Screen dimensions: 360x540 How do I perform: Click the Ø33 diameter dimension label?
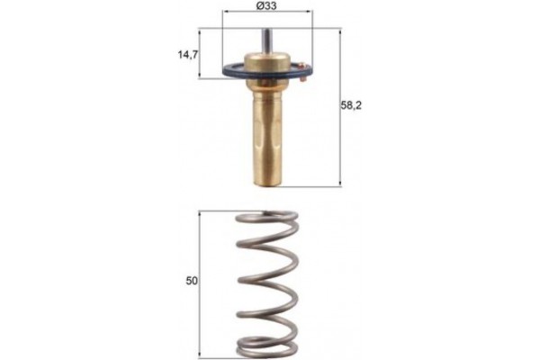coord(265,6)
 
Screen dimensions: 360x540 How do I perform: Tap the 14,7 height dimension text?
coord(188,54)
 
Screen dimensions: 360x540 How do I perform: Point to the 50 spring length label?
coord(191,281)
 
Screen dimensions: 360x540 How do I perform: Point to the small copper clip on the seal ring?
coord(305,79)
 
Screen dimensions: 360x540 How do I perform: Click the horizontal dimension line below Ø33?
coord(265,15)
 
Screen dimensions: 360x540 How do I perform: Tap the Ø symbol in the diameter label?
coord(258,6)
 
